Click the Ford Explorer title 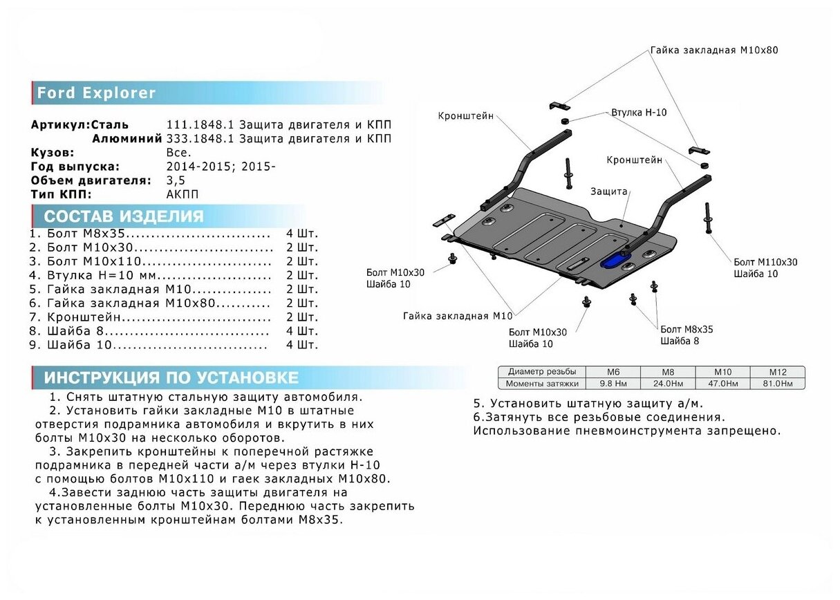96,93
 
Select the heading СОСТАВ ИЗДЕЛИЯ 124,216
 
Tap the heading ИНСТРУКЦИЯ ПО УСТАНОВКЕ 171,377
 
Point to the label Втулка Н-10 638,112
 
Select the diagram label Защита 608,191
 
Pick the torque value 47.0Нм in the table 722,383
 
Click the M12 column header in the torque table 777,371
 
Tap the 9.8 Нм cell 613,383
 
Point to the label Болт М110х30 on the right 765,262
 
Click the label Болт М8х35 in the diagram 686,329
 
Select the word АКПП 182,194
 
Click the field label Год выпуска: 75,167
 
